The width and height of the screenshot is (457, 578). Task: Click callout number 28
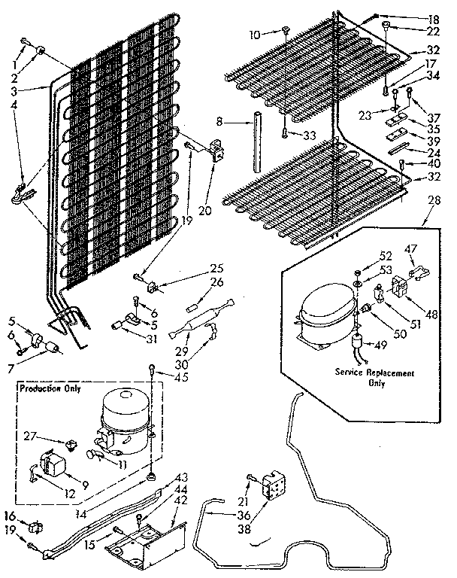point(432,201)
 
